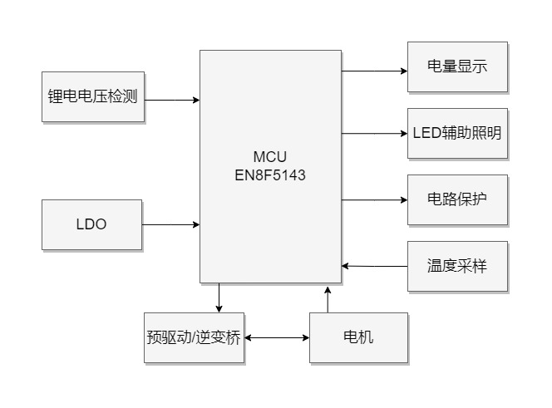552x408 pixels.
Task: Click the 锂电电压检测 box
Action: coord(93,96)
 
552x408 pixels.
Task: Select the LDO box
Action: coord(92,224)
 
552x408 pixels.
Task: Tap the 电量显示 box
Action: coord(456,66)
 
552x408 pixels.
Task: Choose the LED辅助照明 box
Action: coord(456,133)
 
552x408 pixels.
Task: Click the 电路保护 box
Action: coord(456,199)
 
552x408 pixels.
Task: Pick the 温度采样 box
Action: coord(456,266)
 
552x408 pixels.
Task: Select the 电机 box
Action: coord(358,337)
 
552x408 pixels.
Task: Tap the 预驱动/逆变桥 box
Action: coord(195,337)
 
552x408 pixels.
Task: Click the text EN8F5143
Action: coord(270,175)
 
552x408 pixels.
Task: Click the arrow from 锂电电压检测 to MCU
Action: coord(172,100)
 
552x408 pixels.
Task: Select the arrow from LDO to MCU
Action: coord(172,224)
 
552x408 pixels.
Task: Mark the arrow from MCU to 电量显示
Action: coord(374,71)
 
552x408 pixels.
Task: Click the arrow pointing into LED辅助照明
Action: coord(374,133)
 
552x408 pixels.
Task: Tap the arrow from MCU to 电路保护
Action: coord(374,199)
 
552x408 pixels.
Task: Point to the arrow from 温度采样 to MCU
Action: coord(374,266)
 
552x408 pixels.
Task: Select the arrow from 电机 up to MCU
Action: coord(328,298)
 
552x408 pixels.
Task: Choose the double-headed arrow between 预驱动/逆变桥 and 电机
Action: coord(277,338)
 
